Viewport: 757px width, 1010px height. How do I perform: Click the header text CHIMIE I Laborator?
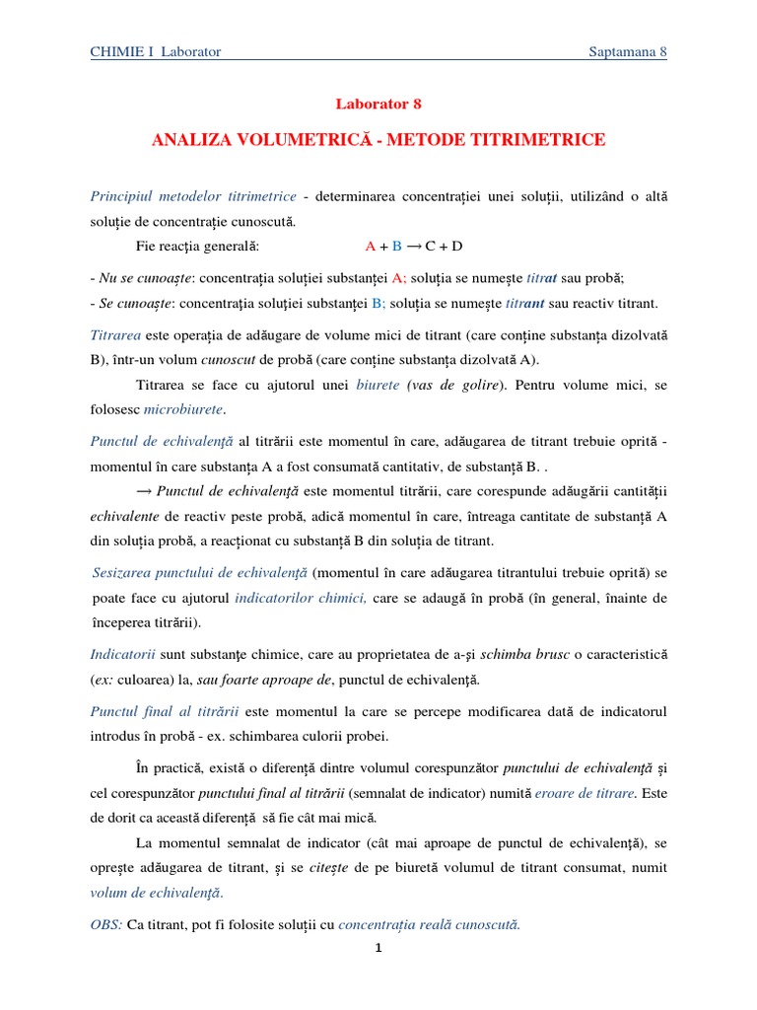pos(156,52)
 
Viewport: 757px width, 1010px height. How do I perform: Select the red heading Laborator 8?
pos(378,104)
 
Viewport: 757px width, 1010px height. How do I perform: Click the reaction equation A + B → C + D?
pos(413,247)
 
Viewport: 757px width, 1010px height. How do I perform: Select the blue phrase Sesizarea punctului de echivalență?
pos(200,572)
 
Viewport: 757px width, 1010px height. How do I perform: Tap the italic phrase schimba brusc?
pos(520,654)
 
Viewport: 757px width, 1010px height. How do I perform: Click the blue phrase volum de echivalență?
pos(157,893)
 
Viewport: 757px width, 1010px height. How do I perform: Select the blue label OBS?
pos(106,924)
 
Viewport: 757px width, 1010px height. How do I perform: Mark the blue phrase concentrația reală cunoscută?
pos(429,924)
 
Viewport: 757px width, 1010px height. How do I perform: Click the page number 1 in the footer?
pos(378,949)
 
